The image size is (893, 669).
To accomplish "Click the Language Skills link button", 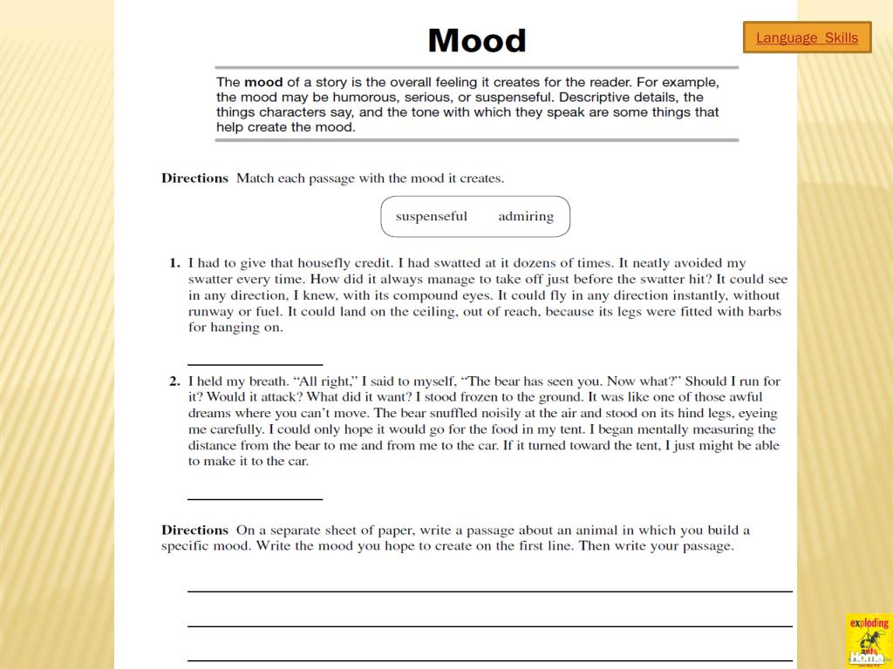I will tap(807, 37).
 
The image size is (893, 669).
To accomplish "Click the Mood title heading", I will tap(477, 40).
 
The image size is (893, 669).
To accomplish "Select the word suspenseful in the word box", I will tap(431, 216).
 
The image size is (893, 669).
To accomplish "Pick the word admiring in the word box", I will tap(526, 216).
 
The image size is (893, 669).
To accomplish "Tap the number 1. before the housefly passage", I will tap(174, 263).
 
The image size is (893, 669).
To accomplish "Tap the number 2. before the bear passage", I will tap(174, 381).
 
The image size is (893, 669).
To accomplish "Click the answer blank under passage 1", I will tap(255, 363).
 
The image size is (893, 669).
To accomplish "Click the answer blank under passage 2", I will tap(255, 498).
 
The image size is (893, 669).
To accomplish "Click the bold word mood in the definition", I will tap(263, 83).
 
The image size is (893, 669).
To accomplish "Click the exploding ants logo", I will tap(868, 640).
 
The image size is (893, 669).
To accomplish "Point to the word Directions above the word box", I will tap(194, 178).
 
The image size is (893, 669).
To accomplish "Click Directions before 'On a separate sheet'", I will tap(194, 530).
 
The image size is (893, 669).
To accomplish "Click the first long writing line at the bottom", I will tap(489, 591).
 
